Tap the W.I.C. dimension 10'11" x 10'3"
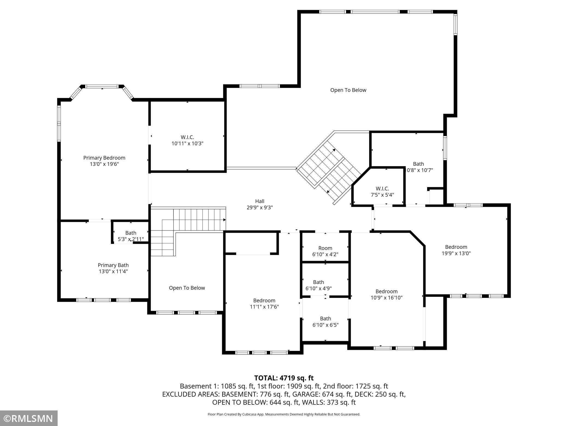click(x=187, y=143)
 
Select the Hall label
click(x=260, y=201)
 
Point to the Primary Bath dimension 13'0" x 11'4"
click(x=113, y=271)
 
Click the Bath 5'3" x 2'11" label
click(x=131, y=236)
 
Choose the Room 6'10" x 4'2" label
click(x=325, y=251)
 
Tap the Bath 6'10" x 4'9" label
click(x=319, y=285)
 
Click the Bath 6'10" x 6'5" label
click(x=326, y=321)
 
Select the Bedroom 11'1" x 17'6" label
click(x=264, y=303)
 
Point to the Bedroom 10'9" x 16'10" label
click(x=386, y=294)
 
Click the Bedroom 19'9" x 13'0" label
click(x=456, y=250)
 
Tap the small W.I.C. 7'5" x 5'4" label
click(x=382, y=191)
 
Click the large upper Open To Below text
click(x=348, y=90)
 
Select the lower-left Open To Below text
click(x=187, y=288)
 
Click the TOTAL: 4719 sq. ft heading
click(x=284, y=378)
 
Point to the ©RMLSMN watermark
click(x=29, y=418)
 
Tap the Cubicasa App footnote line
click(x=284, y=414)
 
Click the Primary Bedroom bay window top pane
click(x=102, y=86)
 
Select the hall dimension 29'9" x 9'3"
click(x=260, y=208)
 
